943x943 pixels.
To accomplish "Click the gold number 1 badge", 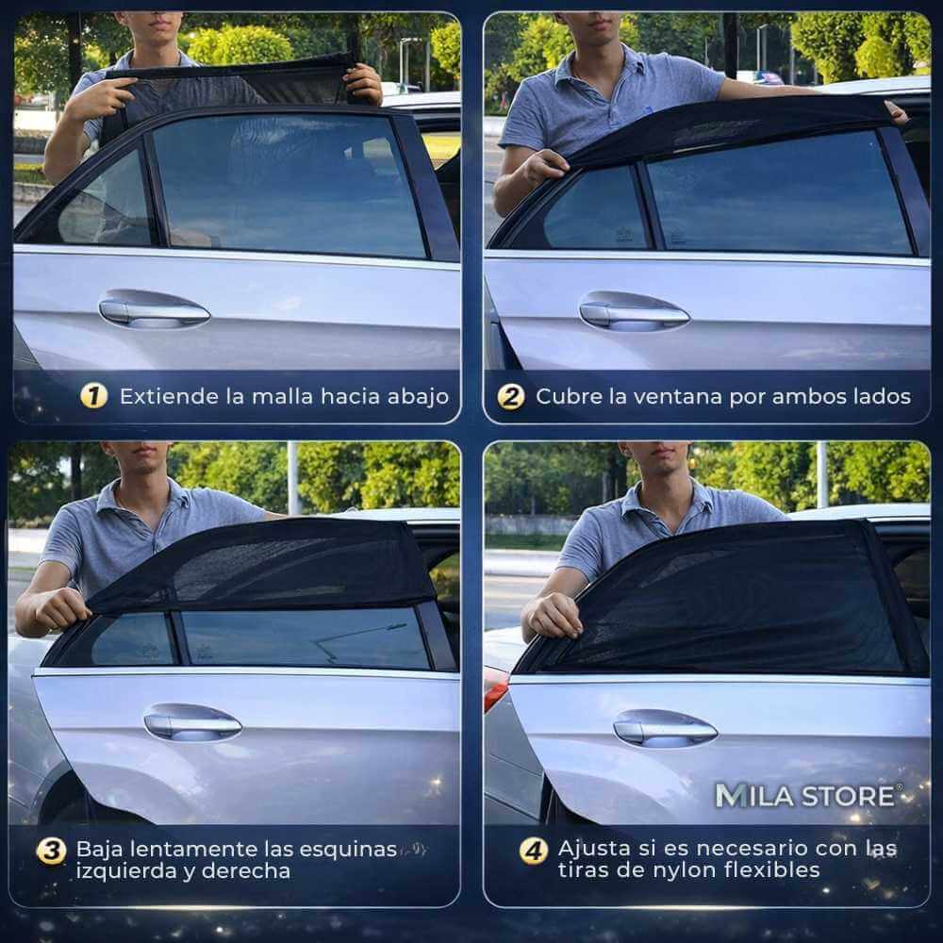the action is tap(93, 396).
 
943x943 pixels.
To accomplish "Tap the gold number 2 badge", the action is tap(510, 397).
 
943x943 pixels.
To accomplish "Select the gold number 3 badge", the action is tap(51, 851).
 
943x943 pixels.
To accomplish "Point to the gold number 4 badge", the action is tap(534, 851).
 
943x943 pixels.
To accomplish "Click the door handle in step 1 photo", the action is tap(154, 309).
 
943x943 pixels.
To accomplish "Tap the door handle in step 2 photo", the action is tap(634, 311).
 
